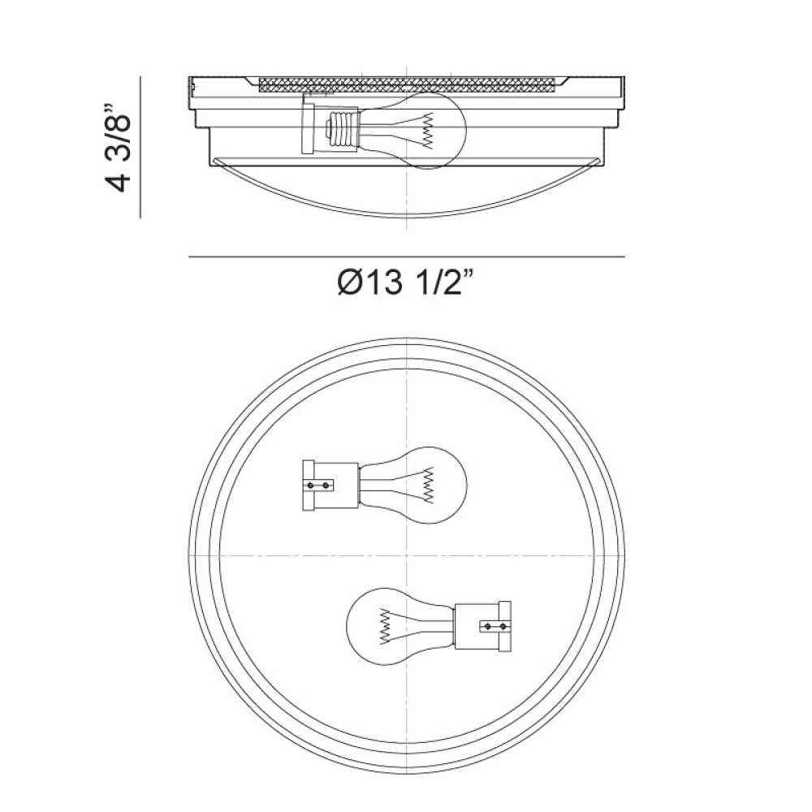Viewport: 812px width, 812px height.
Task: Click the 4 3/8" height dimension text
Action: tap(117, 148)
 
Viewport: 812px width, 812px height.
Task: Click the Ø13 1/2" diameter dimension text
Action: tap(405, 283)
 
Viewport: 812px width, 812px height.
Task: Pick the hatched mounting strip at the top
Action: tap(407, 85)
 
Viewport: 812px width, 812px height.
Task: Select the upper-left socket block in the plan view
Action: tap(330, 486)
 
